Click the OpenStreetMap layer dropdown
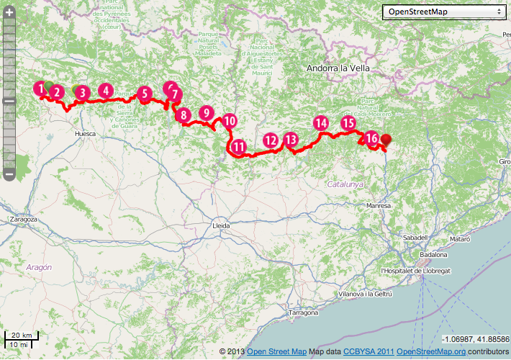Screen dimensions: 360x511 (443, 12)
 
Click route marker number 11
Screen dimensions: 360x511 (239, 148)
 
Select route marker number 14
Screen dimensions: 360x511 (322, 123)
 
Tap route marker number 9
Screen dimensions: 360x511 (207, 113)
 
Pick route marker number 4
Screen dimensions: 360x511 (106, 91)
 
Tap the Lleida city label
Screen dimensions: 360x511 (222, 225)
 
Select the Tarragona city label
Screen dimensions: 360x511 (303, 313)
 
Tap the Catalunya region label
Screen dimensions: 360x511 (345, 184)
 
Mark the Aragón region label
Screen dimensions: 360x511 (39, 266)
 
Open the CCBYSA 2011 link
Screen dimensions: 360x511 (368, 351)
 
